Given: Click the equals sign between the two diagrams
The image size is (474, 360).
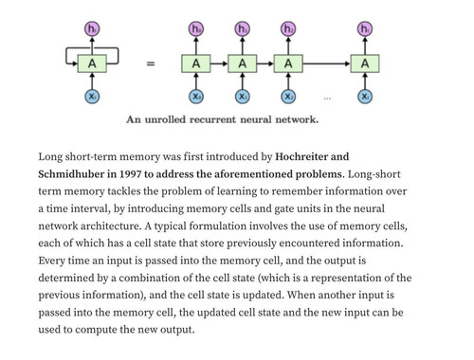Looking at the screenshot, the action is pyautogui.click(x=151, y=63).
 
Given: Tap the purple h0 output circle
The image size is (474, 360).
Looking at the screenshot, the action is pyautogui.click(x=196, y=29).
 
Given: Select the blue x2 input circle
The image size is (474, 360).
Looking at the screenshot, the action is pyautogui.click(x=288, y=97).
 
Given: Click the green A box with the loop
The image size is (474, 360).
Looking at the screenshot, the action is pyautogui.click(x=92, y=63).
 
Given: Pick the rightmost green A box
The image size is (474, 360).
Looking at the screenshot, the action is pyautogui.click(x=365, y=63).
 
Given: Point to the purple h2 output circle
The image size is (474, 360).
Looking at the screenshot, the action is pyautogui.click(x=288, y=29).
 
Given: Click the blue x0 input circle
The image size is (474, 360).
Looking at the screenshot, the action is pyautogui.click(x=196, y=97).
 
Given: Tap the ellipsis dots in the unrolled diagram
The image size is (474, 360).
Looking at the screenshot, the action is pyautogui.click(x=327, y=99).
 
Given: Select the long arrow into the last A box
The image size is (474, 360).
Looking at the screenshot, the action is pyautogui.click(x=327, y=63).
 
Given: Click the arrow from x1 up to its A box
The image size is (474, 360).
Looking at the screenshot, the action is pyautogui.click(x=243, y=81).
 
